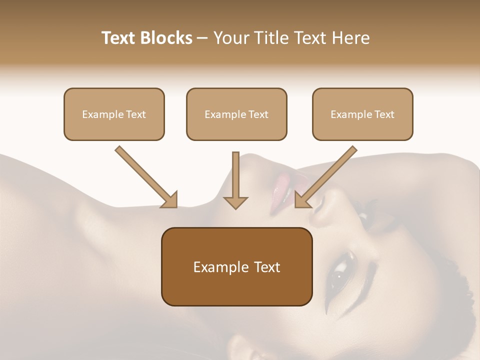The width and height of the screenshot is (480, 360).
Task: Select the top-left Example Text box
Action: [114, 114]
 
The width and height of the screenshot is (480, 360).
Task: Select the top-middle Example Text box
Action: [236, 114]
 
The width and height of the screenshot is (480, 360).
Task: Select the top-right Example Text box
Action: [362, 114]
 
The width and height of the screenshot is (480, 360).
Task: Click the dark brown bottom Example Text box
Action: [236, 267]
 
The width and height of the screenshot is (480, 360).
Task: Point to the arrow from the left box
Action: [145, 176]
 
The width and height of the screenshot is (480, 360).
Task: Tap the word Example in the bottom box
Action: [218, 267]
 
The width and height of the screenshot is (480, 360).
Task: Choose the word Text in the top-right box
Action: [384, 114]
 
